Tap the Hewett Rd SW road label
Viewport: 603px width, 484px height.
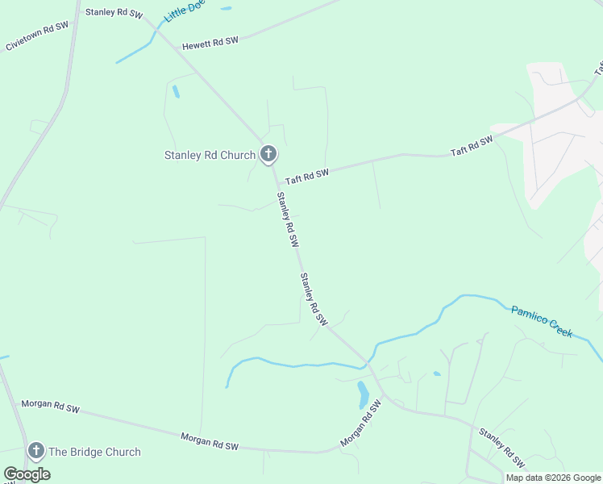[210, 42]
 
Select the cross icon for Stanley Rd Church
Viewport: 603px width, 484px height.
[268, 153]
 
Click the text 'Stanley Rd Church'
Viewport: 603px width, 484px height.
[210, 155]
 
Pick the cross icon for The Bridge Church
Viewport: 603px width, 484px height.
[35, 451]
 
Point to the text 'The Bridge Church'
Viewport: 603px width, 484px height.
[94, 452]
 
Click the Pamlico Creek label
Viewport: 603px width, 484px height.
[542, 320]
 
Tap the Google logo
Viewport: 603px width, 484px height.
[27, 474]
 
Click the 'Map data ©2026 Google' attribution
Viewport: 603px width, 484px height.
[553, 478]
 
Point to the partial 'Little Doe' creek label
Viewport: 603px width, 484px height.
[184, 10]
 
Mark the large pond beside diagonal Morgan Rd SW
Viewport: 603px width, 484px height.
[363, 394]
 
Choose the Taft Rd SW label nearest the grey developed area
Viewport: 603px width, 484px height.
[472, 146]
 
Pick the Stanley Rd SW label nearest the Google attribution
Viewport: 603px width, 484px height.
[501, 448]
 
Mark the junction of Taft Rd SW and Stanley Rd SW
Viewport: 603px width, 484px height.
[277, 178]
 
